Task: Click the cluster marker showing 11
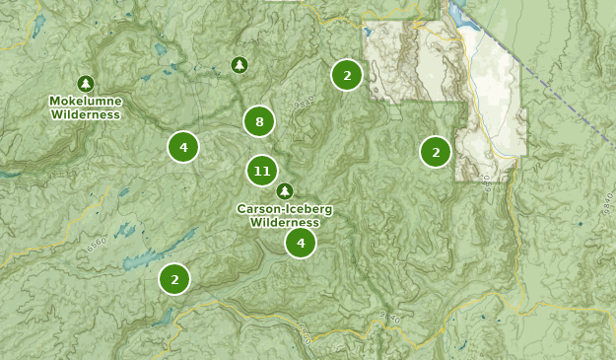click(x=261, y=171)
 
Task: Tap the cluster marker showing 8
click(x=259, y=122)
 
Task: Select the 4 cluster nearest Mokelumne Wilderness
click(x=183, y=147)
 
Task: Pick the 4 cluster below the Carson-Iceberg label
click(x=301, y=242)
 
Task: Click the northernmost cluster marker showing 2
click(x=346, y=75)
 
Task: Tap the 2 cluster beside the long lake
click(x=174, y=279)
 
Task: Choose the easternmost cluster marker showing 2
click(x=436, y=152)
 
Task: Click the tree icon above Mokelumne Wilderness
click(x=86, y=84)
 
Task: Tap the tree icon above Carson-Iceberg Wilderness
click(x=285, y=190)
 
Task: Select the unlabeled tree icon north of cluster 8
click(x=239, y=65)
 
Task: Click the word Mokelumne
click(x=86, y=102)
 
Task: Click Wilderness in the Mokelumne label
click(x=86, y=114)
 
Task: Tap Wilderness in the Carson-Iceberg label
click(x=285, y=222)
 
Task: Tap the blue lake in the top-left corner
click(x=37, y=26)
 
